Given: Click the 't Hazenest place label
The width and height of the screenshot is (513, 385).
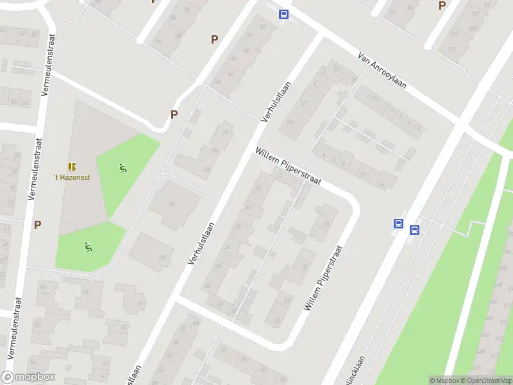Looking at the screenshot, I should (x=72, y=177).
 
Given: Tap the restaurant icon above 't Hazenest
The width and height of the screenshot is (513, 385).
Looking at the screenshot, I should (x=72, y=166).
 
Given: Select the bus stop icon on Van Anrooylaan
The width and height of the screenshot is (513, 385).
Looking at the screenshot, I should (x=283, y=14).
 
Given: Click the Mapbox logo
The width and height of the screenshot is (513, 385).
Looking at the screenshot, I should (x=28, y=377).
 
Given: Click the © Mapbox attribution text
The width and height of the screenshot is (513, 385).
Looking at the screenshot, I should (x=442, y=381).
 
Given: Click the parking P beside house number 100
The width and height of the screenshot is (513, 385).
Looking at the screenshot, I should (x=214, y=39).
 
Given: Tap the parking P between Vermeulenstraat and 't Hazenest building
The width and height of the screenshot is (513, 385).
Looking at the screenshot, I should (x=37, y=225).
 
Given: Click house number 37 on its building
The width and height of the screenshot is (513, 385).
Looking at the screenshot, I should (x=162, y=257).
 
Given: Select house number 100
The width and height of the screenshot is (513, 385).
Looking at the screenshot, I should (x=177, y=35).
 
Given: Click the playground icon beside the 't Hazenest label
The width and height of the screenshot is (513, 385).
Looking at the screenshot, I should (x=122, y=169).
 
